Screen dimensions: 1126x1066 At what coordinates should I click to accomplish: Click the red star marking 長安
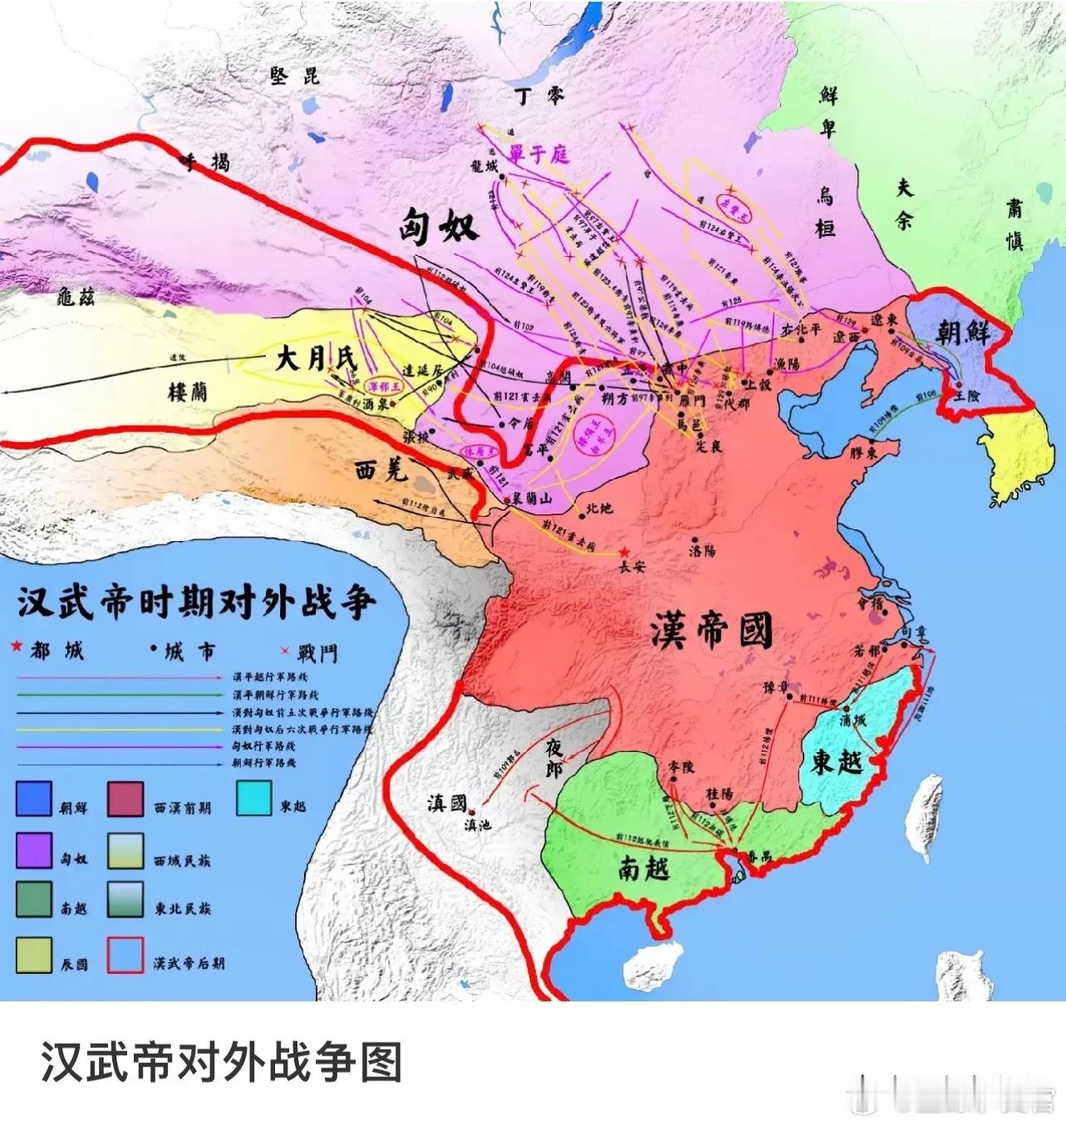[624, 552]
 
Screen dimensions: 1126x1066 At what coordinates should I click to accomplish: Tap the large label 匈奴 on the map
[438, 226]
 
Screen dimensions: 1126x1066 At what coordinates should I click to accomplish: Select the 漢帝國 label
[712, 632]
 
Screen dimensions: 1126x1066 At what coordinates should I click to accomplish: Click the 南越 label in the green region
[644, 868]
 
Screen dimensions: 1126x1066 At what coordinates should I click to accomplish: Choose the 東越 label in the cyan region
[837, 761]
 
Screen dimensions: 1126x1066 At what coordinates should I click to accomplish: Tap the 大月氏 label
[315, 359]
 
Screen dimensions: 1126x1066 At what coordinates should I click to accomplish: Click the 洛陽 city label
[702, 549]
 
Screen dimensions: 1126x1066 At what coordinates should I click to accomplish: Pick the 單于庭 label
[539, 154]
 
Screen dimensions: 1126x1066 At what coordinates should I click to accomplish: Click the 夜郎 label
[554, 758]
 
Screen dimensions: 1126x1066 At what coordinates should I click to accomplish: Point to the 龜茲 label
[76, 297]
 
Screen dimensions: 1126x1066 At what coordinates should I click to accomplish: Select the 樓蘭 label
[188, 391]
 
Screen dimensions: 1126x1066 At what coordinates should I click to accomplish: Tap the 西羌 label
[381, 471]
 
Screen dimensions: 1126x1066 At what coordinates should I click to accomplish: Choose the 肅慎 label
[1014, 224]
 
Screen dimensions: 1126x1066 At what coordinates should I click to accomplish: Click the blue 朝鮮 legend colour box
[34, 799]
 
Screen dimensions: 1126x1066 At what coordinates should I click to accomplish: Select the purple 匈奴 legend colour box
[34, 850]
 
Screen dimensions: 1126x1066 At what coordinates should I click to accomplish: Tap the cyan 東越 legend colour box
[253, 798]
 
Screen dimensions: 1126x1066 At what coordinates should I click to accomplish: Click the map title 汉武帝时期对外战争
[197, 602]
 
